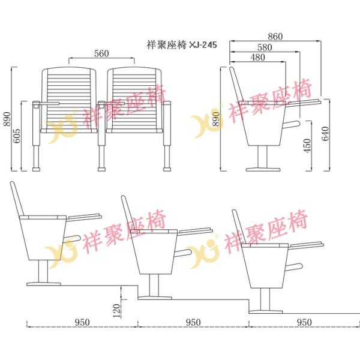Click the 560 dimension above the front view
[x=101, y=53]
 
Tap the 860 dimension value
[x=275, y=36]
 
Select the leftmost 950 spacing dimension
[x=82, y=322]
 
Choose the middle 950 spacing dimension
[x=193, y=322]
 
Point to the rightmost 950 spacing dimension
[x=304, y=322]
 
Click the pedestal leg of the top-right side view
[x=262, y=160]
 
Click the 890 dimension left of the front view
[x=7, y=120]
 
